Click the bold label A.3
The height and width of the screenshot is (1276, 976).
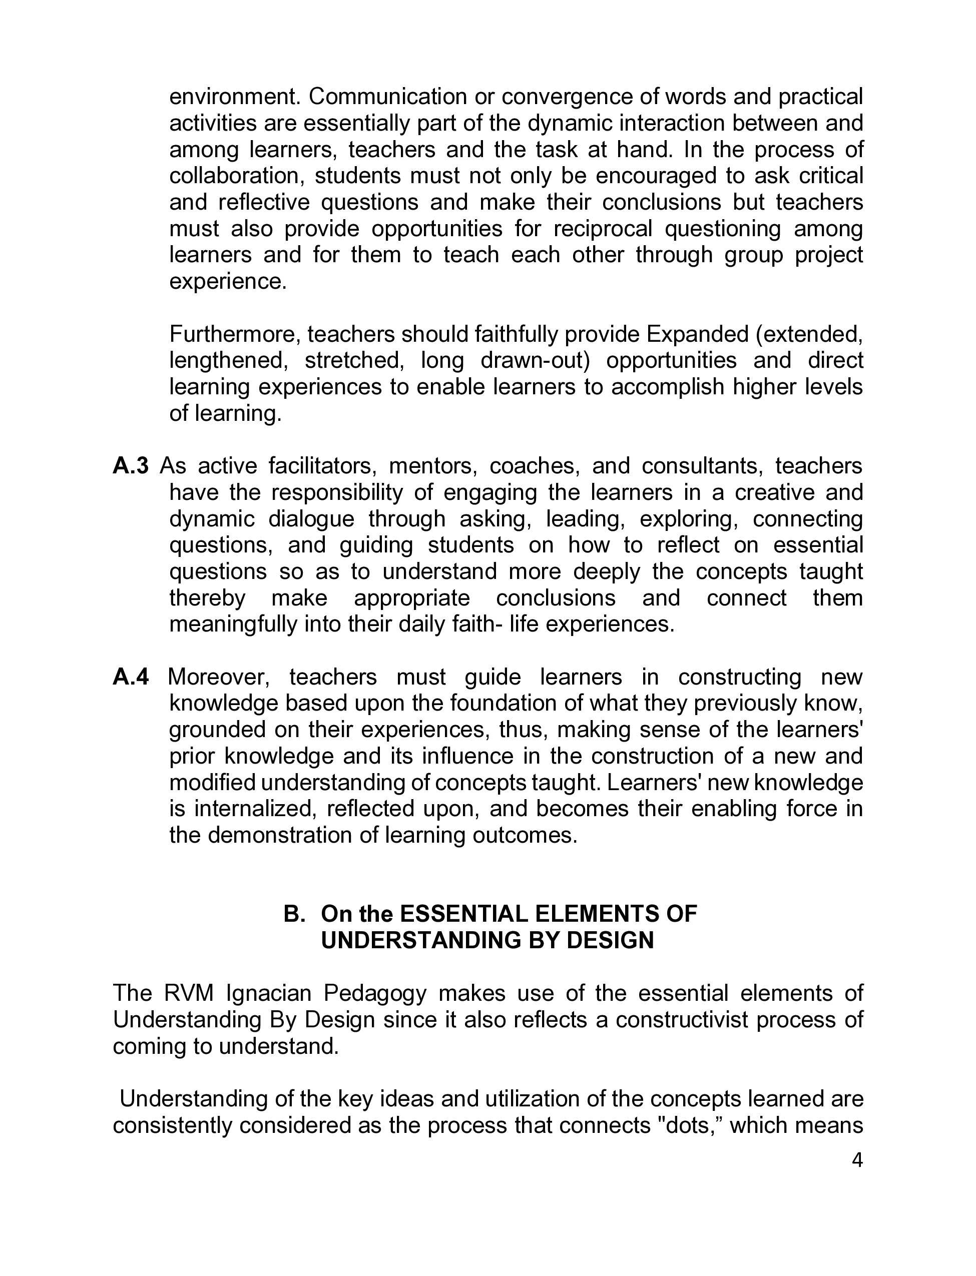click(x=131, y=466)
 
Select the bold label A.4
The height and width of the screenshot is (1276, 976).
click(x=131, y=677)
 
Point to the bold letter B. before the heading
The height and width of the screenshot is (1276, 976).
click(x=294, y=914)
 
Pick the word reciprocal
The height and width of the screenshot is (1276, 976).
click(x=603, y=228)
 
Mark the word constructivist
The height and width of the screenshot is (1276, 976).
click(x=682, y=1020)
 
